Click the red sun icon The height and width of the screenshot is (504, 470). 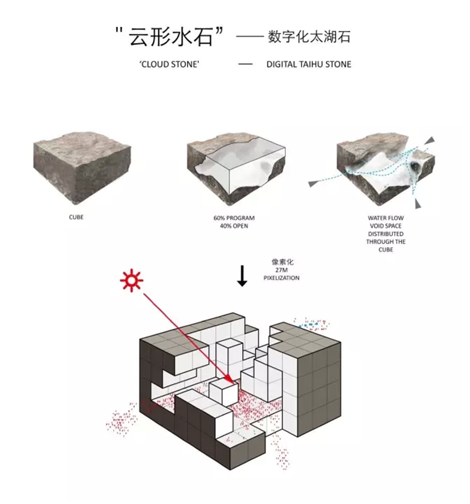tap(132, 281)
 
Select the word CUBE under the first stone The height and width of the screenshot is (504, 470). tap(76, 217)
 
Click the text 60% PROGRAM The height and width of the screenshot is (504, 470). tap(234, 218)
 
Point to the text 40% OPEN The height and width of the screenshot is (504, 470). tap(234, 225)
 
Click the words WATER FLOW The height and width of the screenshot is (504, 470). tap(386, 218)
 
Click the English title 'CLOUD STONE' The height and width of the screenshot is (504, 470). tap(169, 65)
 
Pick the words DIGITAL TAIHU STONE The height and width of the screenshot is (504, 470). tap(309, 65)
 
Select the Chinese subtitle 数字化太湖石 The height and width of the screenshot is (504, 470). tap(309, 38)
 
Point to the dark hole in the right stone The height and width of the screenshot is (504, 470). tap(416, 166)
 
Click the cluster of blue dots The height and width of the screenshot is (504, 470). tap(313, 325)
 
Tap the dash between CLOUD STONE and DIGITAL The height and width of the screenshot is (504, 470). tap(245, 65)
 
